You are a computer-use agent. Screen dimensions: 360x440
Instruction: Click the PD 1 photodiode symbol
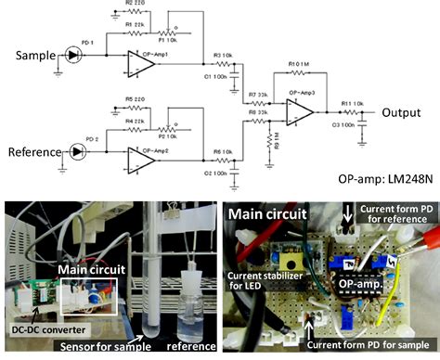click(74, 57)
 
